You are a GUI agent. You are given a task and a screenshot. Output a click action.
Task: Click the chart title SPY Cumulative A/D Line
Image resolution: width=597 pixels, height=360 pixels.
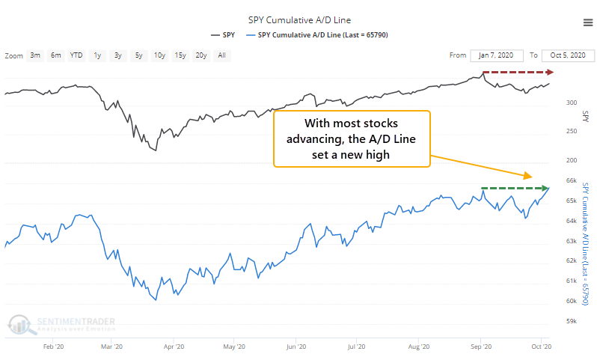[x=298, y=19]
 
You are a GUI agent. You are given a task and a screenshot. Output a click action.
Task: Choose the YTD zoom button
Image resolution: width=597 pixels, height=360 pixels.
[x=76, y=55]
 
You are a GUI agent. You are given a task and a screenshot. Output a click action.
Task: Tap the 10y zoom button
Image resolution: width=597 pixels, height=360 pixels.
[x=159, y=55]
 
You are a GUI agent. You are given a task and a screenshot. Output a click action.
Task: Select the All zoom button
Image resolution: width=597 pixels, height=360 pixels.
[x=221, y=55]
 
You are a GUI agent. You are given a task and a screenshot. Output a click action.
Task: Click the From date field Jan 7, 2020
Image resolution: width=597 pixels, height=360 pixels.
[x=496, y=55]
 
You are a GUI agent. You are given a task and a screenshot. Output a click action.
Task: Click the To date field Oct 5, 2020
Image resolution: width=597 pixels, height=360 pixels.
[x=567, y=55]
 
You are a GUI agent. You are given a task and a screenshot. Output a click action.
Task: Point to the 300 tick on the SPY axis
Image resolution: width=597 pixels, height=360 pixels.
[x=571, y=103]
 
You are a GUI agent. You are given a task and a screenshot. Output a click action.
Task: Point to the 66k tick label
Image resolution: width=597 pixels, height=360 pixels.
[x=571, y=180]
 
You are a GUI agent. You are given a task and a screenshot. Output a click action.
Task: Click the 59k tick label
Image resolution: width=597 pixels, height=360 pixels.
[x=571, y=320]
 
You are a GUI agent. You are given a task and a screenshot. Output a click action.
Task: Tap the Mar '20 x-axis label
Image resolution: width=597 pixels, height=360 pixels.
[x=111, y=347]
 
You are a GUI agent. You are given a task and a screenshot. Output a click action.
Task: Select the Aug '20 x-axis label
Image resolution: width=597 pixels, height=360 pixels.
[x=419, y=347]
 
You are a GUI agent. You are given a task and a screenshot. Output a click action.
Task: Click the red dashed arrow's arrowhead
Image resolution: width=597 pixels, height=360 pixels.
[x=550, y=72]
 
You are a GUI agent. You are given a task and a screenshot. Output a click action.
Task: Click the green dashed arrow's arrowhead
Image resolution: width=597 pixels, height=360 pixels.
[x=550, y=187]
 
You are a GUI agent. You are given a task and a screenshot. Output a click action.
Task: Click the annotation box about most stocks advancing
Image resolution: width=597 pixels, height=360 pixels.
[x=351, y=139]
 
